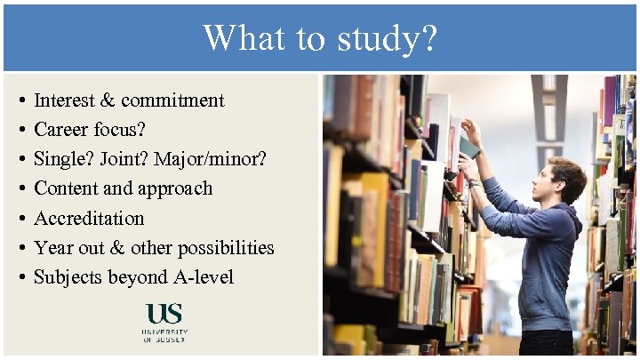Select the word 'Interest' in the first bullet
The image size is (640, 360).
coord(67,100)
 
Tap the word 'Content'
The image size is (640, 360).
coord(65,188)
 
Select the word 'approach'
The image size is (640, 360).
coord(173,188)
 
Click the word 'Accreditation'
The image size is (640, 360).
coord(89,218)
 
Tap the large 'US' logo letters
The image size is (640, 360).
coord(164,315)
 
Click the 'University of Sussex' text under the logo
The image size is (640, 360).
coord(164,335)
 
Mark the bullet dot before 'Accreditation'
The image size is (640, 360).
coord(20,219)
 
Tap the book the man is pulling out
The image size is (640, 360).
coord(468,147)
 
